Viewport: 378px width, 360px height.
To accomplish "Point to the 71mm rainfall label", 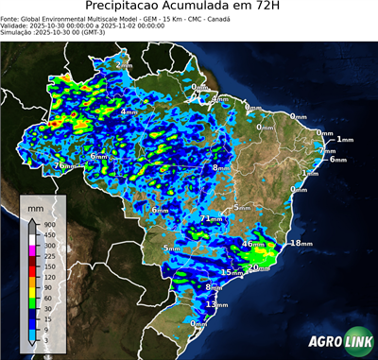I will click(x=211, y=219).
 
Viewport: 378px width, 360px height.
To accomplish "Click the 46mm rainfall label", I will click(x=253, y=244).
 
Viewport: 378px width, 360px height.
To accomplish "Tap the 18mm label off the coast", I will click(x=300, y=243).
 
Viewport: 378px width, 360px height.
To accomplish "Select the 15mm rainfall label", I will click(x=232, y=272).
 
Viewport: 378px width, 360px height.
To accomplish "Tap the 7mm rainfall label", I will click(x=327, y=151).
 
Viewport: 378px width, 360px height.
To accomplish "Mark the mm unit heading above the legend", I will click(x=36, y=205).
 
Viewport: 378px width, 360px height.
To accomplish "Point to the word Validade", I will click(x=16, y=25).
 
